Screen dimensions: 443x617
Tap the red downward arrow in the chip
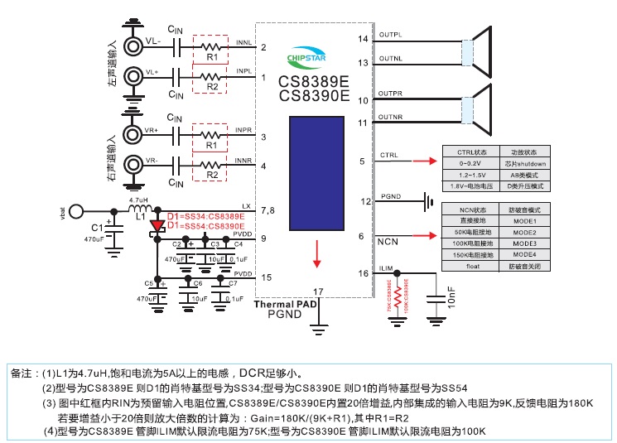coord(316,253)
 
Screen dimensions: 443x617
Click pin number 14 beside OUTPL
coord(363,39)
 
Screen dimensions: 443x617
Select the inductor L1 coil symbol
coord(137,209)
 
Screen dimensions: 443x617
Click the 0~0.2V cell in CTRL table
coord(470,164)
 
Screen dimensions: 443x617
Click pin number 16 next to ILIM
coord(363,272)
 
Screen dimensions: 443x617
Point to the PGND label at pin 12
coord(390,197)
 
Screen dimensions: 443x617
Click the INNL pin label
coord(243,41)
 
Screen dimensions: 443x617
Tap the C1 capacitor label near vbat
coord(97,227)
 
